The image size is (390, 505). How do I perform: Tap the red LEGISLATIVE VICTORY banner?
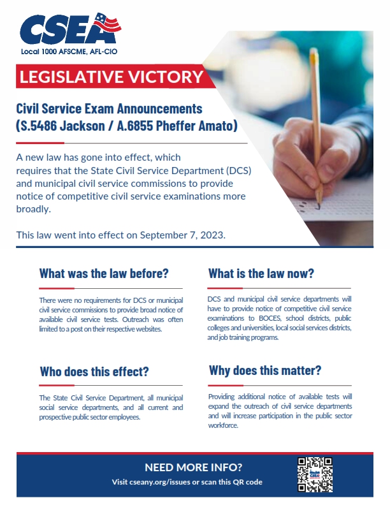click(x=112, y=78)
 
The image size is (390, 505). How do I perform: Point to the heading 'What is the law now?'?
click(x=261, y=274)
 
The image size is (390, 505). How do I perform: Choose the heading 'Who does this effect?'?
click(x=94, y=372)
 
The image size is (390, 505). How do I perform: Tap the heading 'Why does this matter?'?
click(x=264, y=370)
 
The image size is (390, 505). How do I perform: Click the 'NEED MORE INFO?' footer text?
click(x=194, y=467)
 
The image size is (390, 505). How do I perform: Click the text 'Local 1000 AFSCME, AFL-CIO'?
click(x=69, y=50)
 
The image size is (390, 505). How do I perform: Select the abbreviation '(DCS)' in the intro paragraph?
click(x=231, y=170)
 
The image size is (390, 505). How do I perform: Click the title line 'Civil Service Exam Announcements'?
click(x=109, y=109)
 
